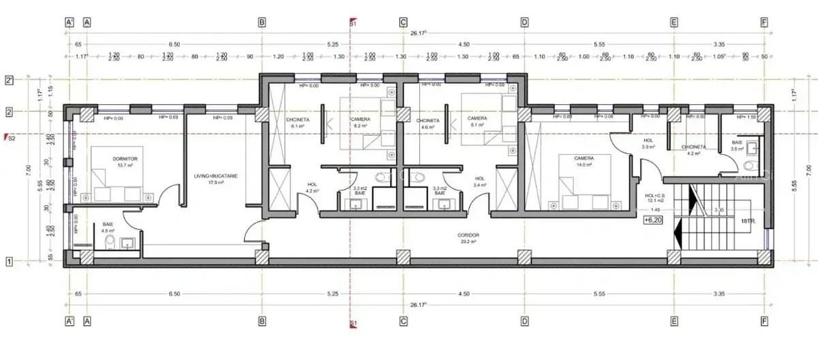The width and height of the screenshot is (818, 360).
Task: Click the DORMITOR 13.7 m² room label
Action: (125, 162)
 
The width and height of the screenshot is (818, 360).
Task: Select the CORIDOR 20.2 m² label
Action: (467, 237)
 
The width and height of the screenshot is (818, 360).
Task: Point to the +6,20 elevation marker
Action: (653, 220)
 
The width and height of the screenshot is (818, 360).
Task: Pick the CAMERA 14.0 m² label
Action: (575, 161)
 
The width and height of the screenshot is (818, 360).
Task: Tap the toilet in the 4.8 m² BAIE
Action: (110, 241)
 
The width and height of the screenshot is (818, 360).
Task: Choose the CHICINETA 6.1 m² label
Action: (299, 123)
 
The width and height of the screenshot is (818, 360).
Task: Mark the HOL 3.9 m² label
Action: (648, 144)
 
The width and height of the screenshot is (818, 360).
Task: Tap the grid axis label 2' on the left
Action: (10, 80)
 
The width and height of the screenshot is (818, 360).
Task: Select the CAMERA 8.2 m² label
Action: (360, 123)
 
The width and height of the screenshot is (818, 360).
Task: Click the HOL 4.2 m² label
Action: (312, 187)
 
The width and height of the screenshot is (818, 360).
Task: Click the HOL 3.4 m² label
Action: (480, 181)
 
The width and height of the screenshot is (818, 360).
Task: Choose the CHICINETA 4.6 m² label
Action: (429, 123)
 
